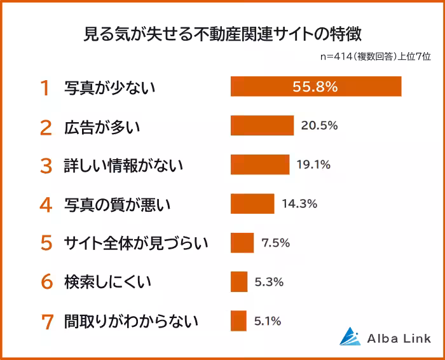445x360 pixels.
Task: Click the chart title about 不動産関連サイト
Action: [x=222, y=34]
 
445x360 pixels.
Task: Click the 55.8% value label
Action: [x=315, y=87]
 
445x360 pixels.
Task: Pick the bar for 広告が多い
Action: [x=262, y=125]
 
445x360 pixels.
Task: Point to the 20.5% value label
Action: [x=319, y=125]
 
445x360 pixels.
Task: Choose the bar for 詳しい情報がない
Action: [x=259, y=165]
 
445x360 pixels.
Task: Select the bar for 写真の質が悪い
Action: [x=252, y=204]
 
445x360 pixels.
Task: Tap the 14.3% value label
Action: [x=299, y=204]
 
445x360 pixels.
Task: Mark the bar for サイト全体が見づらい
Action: [x=242, y=242]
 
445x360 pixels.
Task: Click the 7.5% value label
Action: [x=275, y=242]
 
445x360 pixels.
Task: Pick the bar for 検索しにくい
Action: [x=239, y=281]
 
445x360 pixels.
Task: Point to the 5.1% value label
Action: [x=268, y=321]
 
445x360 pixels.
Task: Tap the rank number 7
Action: [x=46, y=321]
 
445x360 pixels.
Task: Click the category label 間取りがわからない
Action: [x=131, y=321]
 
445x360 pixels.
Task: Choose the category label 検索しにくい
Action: [x=107, y=282]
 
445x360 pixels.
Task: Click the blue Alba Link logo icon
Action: [x=350, y=336]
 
